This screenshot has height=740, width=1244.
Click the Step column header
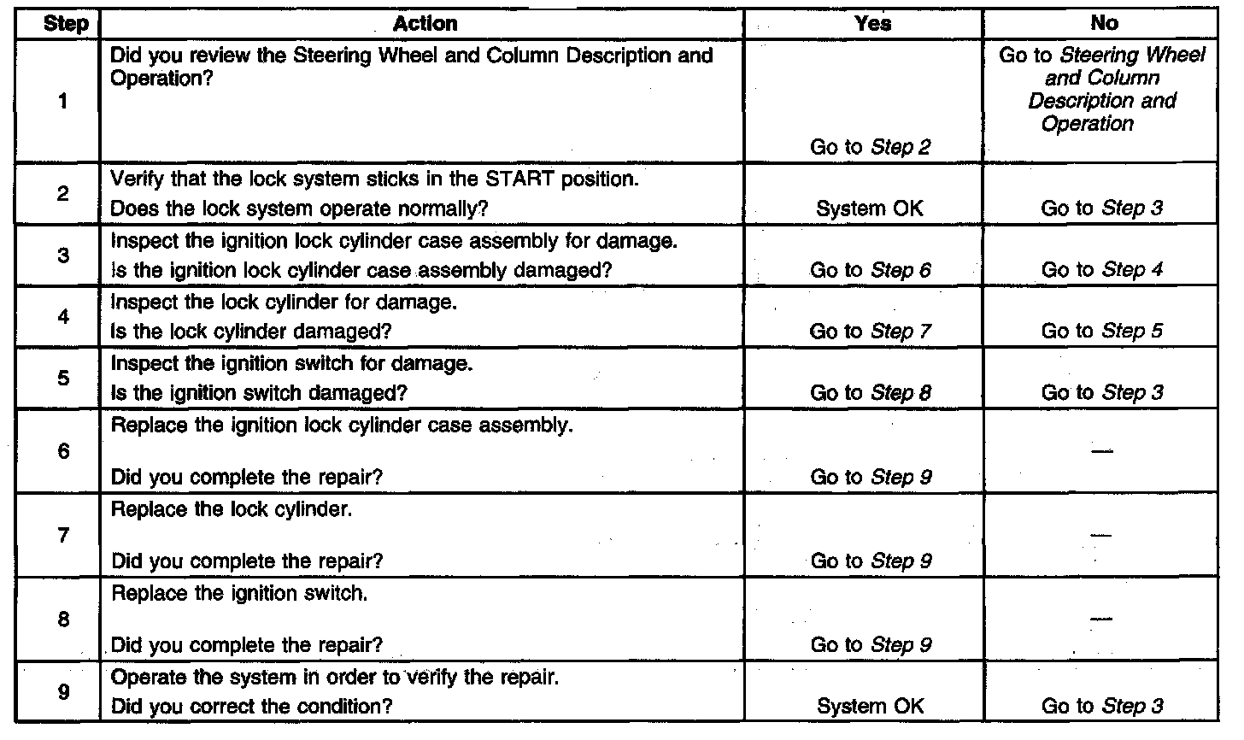[x=64, y=24]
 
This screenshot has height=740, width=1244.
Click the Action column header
[x=425, y=24]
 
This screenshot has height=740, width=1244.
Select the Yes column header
[x=871, y=24]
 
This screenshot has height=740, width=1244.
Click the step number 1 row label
[x=63, y=101]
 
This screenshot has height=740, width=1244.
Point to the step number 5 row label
[x=63, y=377]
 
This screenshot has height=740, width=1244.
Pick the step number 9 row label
[x=63, y=692]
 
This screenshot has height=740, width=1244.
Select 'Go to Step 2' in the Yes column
[x=870, y=147]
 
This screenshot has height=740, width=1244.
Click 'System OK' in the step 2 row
[x=870, y=208]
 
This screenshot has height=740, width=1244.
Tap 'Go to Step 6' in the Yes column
[x=870, y=270]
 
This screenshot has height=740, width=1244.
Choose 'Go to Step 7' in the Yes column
[x=870, y=332]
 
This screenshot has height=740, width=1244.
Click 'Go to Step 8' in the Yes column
[x=870, y=393]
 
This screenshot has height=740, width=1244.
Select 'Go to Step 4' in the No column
[x=1102, y=270]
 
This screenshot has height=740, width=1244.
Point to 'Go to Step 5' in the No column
[x=1102, y=332]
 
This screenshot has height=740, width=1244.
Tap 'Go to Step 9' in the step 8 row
[x=870, y=645]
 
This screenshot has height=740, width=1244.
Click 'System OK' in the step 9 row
[x=870, y=707]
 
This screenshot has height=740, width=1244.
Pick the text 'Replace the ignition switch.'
[x=239, y=593]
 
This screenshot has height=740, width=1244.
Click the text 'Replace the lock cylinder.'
[x=232, y=510]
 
